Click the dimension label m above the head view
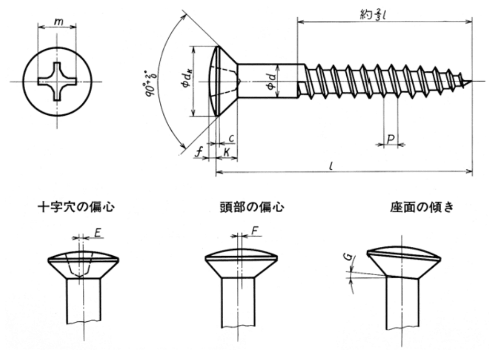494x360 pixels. point(58,22)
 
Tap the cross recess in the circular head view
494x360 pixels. point(57,82)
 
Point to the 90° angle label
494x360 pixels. point(151,82)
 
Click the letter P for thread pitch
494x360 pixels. point(391,139)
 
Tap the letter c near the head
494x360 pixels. point(231,138)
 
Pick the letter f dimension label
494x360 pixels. point(199,152)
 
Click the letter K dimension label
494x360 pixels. point(226,152)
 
